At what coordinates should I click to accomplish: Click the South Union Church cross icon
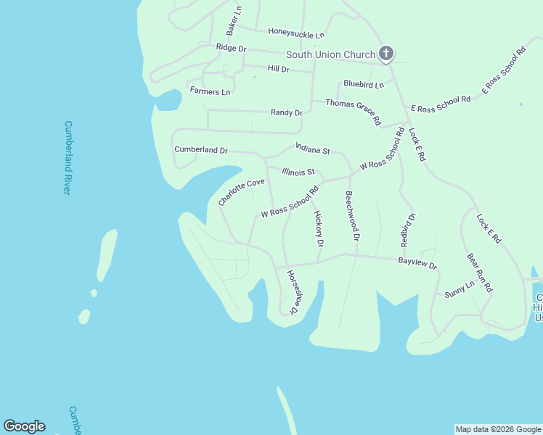pyautogui.click(x=386, y=54)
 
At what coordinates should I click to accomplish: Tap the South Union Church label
pyautogui.click(x=330, y=54)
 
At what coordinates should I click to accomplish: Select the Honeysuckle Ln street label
pyautogui.click(x=295, y=33)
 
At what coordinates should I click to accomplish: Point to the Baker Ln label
pyautogui.click(x=234, y=21)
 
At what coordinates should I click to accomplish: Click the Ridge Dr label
pyautogui.click(x=232, y=48)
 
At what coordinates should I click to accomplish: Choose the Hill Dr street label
pyautogui.click(x=278, y=69)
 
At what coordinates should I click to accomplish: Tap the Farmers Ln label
pyautogui.click(x=210, y=91)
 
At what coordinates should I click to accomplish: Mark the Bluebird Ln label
pyautogui.click(x=364, y=84)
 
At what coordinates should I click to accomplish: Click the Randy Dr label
pyautogui.click(x=286, y=112)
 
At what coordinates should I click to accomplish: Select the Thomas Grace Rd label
pyautogui.click(x=354, y=112)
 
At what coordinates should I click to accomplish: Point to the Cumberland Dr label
pyautogui.click(x=201, y=149)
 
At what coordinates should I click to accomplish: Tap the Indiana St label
pyautogui.click(x=313, y=149)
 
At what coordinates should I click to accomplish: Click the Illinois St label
pyautogui.click(x=298, y=172)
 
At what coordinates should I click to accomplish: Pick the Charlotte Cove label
pyautogui.click(x=242, y=192)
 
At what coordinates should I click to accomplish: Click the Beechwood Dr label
pyautogui.click(x=352, y=215)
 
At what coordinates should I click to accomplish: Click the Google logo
pyautogui.click(x=24, y=426)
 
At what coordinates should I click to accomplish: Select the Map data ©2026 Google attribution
pyautogui.click(x=498, y=429)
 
